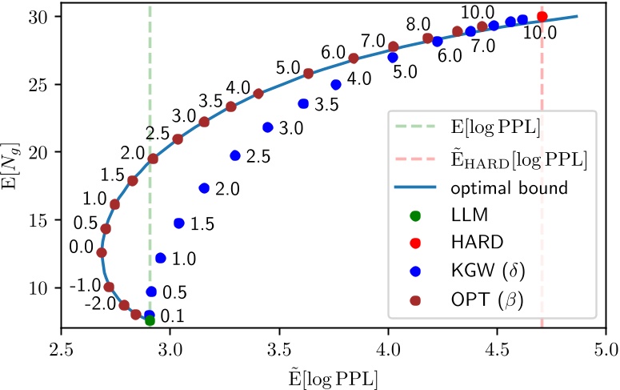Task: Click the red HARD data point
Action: (542, 17)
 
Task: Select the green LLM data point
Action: (150, 320)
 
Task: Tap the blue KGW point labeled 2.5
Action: (235, 155)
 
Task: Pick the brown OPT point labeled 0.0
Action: (102, 252)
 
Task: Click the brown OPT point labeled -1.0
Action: (109, 287)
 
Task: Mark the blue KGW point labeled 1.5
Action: (178, 223)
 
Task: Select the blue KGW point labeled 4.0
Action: (336, 84)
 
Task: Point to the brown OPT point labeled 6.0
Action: (354, 58)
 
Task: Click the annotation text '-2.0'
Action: (102, 304)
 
